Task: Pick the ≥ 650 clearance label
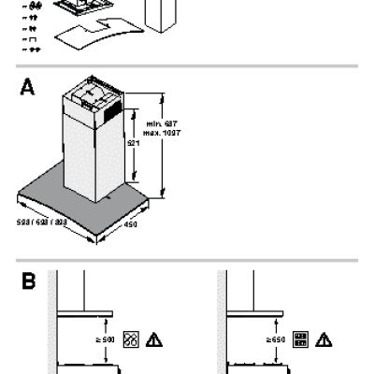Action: click(275, 338)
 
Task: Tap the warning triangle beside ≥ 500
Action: click(150, 338)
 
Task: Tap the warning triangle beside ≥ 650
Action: click(322, 338)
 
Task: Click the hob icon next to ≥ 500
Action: click(131, 338)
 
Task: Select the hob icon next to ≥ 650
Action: click(301, 338)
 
